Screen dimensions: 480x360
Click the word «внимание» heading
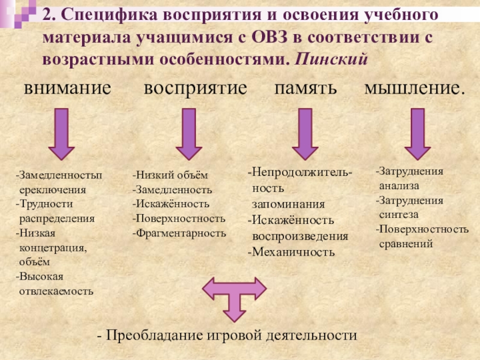pos(67,88)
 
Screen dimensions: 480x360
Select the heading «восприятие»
pos(195,88)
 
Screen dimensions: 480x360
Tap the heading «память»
pos(305,88)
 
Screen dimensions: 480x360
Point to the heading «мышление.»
pos(415,88)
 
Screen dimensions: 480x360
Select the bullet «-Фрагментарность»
pos(179,233)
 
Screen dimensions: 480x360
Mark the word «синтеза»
pos(399,214)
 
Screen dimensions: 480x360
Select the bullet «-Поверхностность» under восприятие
pos(179,218)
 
